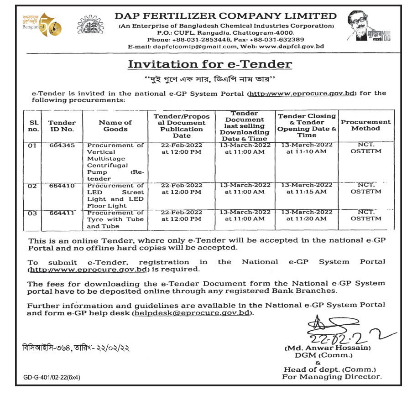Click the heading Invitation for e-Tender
[x=209, y=64]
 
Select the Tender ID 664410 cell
[x=62, y=186]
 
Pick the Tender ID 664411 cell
[x=62, y=213]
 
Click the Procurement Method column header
[x=365, y=125]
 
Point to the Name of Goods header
[x=115, y=125]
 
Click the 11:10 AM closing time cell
[x=307, y=148]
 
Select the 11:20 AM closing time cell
[x=307, y=216]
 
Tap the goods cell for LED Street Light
[x=115, y=196]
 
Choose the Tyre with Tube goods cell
[x=115, y=219]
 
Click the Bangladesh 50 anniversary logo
[x=42, y=25]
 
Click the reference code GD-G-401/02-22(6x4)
[x=51, y=377]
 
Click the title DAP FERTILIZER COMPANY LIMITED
[x=226, y=16]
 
